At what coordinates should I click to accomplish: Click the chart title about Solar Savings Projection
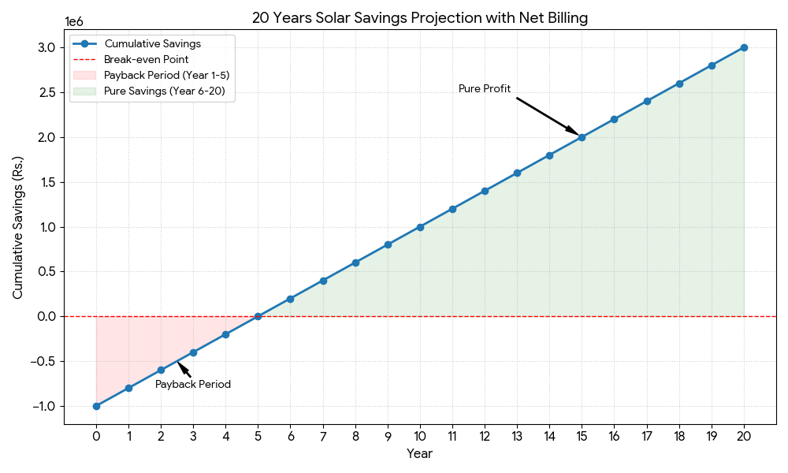pyautogui.click(x=419, y=17)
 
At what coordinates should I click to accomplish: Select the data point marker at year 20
pyautogui.click(x=744, y=47)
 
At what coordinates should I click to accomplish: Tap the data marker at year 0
pyautogui.click(x=96, y=406)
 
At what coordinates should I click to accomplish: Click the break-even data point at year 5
pyautogui.click(x=258, y=316)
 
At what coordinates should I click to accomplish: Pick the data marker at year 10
pyautogui.click(x=420, y=227)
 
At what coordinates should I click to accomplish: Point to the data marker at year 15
pyautogui.click(x=582, y=137)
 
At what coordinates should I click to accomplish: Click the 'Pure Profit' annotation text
pyautogui.click(x=485, y=89)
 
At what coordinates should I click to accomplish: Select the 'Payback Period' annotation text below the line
pyautogui.click(x=193, y=385)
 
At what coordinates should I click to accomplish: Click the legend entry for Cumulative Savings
pyautogui.click(x=152, y=43)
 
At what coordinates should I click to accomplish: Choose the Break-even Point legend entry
pyautogui.click(x=146, y=59)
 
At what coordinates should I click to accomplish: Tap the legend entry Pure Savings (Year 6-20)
pyautogui.click(x=164, y=91)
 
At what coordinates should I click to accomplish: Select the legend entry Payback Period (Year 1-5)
pyautogui.click(x=166, y=76)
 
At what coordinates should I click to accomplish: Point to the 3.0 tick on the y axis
pyautogui.click(x=46, y=48)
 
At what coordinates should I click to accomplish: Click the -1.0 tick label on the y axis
pyautogui.click(x=43, y=407)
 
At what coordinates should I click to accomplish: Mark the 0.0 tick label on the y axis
pyautogui.click(x=46, y=317)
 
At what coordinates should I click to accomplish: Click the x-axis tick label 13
pyautogui.click(x=517, y=435)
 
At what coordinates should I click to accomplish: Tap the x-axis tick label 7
pyautogui.click(x=323, y=435)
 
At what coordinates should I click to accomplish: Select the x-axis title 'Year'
pyautogui.click(x=419, y=454)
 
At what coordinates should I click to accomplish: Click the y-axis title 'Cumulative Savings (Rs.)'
pyautogui.click(x=18, y=227)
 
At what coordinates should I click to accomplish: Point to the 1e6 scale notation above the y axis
pyautogui.click(x=73, y=22)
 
